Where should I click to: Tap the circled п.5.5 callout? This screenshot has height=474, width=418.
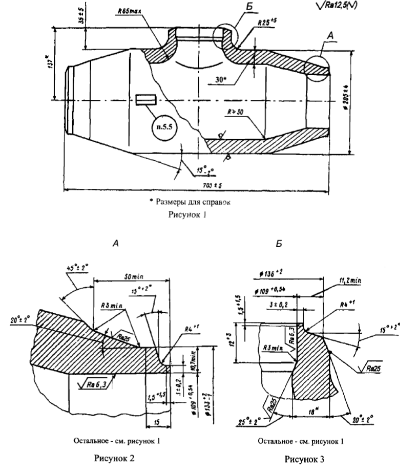pos(163,124)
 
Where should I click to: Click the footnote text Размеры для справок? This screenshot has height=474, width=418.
pos(189,202)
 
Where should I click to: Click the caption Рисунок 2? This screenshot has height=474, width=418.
pos(115,458)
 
